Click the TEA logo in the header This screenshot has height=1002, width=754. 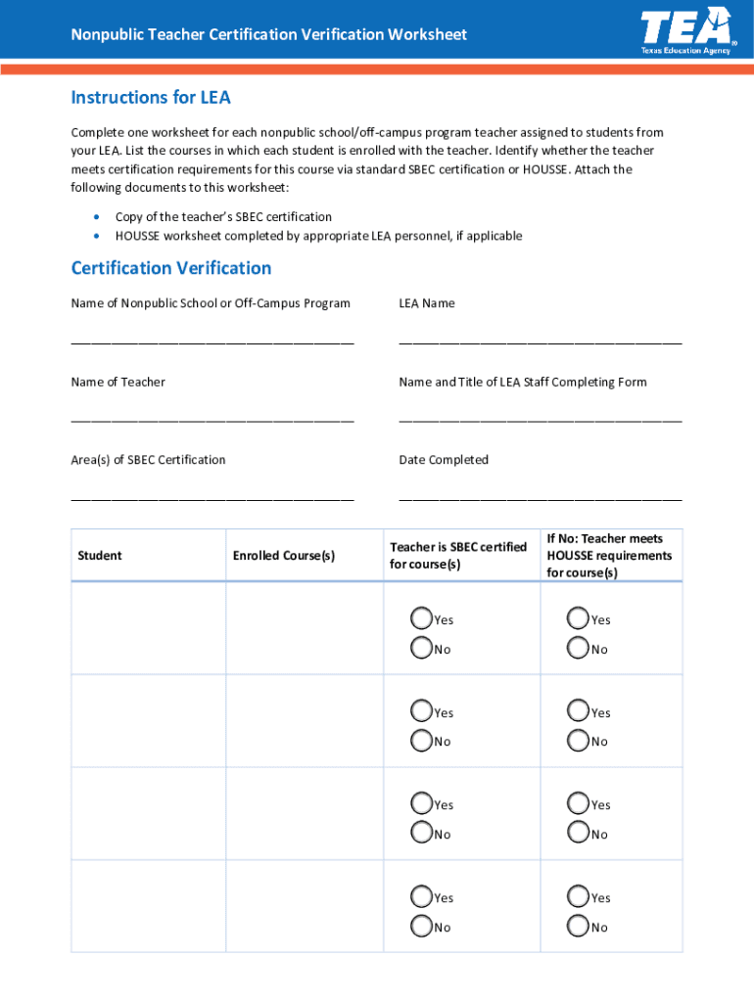(685, 30)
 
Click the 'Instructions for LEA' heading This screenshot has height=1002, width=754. (150, 98)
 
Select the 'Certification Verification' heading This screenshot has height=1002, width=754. (171, 268)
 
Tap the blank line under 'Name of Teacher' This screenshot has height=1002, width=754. (212, 419)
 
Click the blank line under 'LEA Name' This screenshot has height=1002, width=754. (540, 342)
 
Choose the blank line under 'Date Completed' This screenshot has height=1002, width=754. (540, 497)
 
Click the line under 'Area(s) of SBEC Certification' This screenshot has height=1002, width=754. (212, 497)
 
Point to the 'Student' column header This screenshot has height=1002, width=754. (100, 556)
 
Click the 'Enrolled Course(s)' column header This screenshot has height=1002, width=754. (283, 556)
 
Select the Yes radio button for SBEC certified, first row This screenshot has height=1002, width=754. (421, 618)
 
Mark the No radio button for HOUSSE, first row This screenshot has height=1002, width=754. (578, 648)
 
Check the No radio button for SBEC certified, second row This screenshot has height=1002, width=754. (421, 741)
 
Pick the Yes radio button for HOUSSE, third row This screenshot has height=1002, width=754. (578, 803)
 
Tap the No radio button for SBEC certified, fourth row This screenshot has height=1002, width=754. (421, 926)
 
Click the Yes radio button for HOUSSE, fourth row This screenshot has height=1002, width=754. (578, 896)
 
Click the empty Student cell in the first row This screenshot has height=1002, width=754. (148, 628)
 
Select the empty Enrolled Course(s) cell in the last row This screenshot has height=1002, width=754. (304, 906)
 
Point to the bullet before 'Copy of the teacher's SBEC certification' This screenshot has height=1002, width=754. (95, 217)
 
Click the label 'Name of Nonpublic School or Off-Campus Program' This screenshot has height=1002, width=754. (211, 303)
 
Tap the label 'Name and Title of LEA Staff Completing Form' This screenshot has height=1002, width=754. (523, 382)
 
